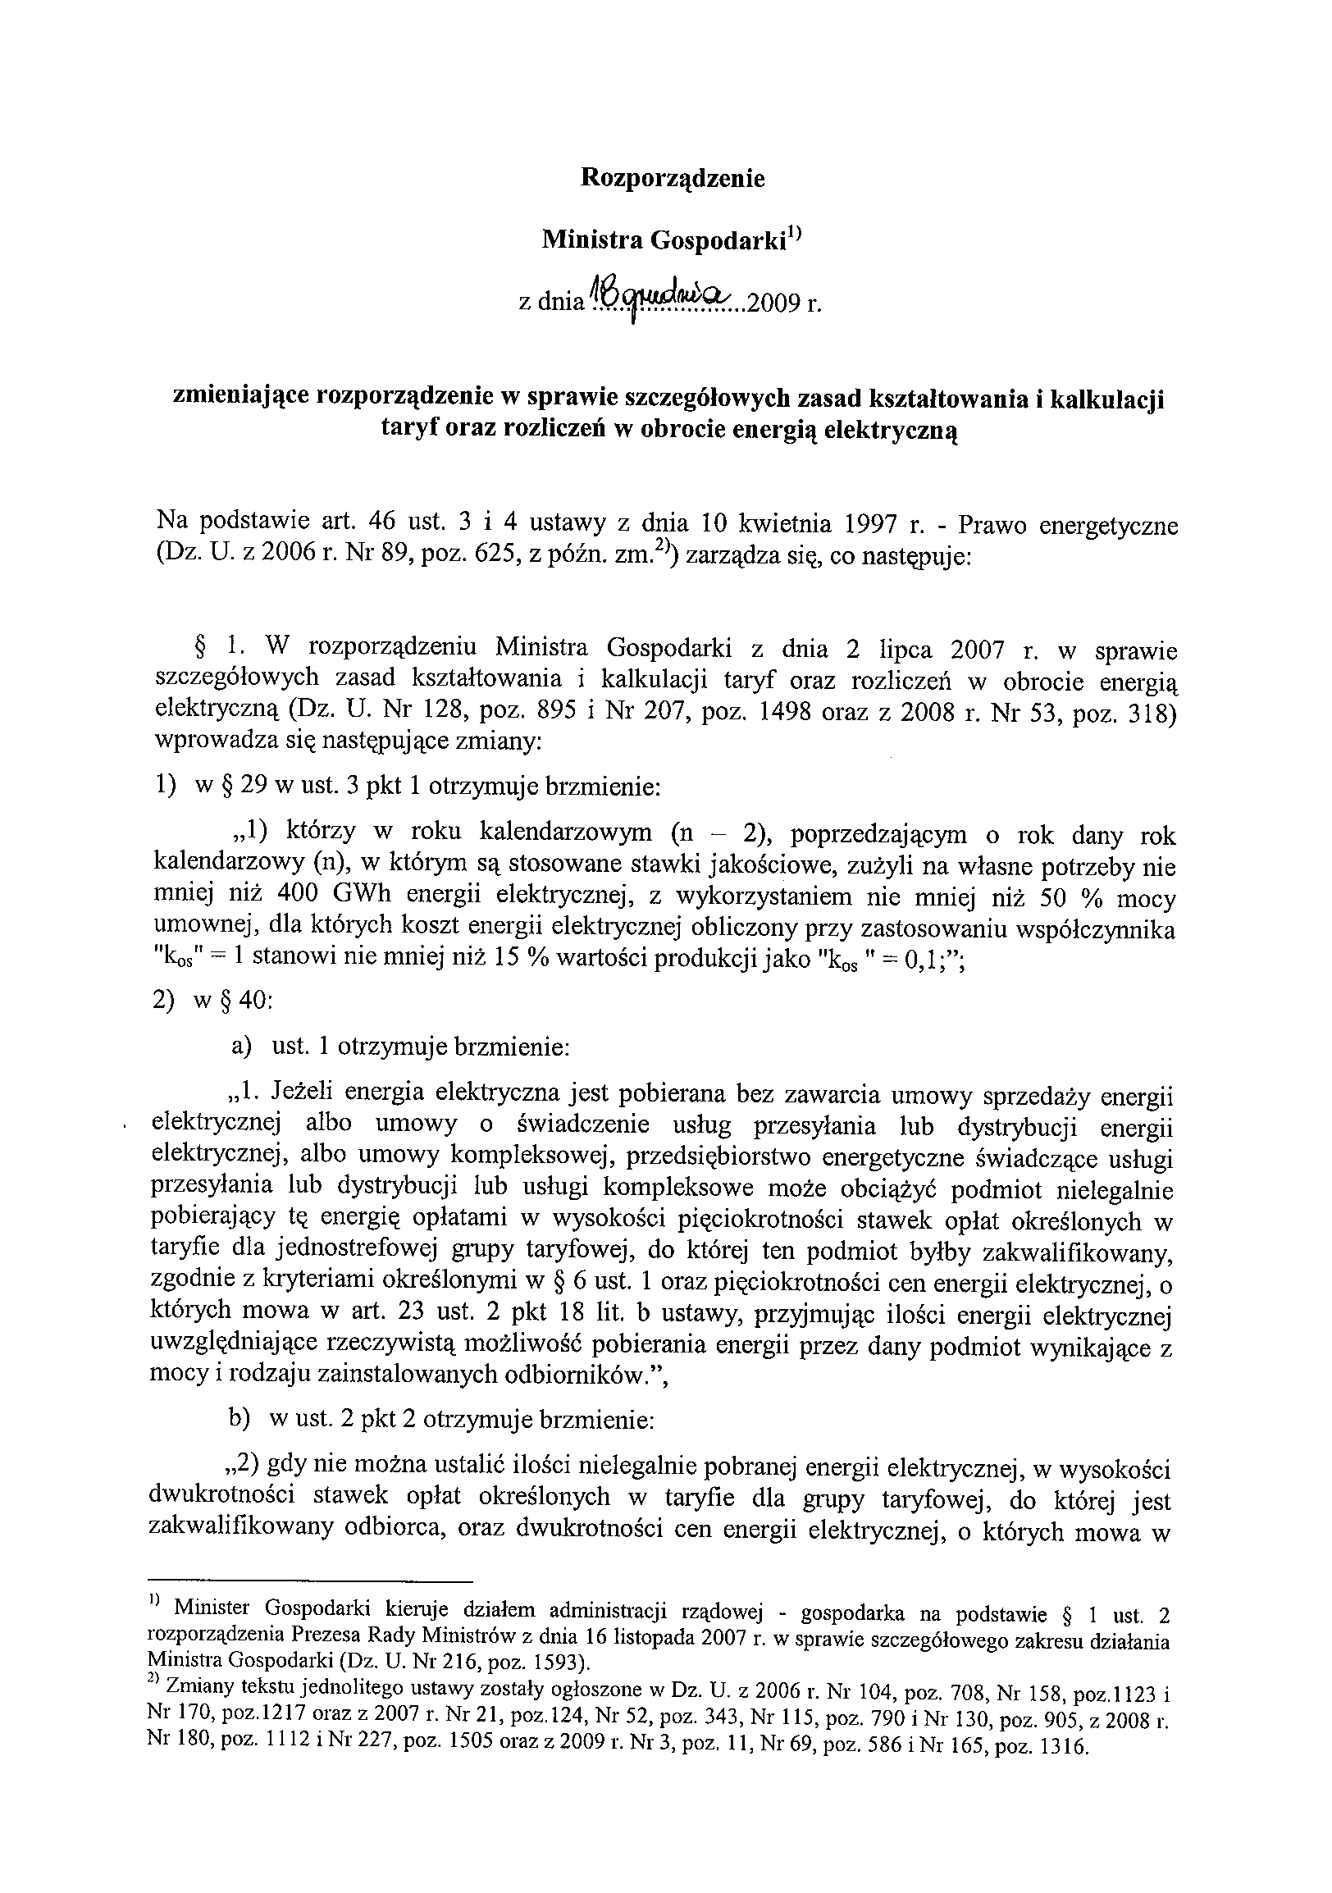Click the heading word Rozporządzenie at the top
(673, 178)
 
